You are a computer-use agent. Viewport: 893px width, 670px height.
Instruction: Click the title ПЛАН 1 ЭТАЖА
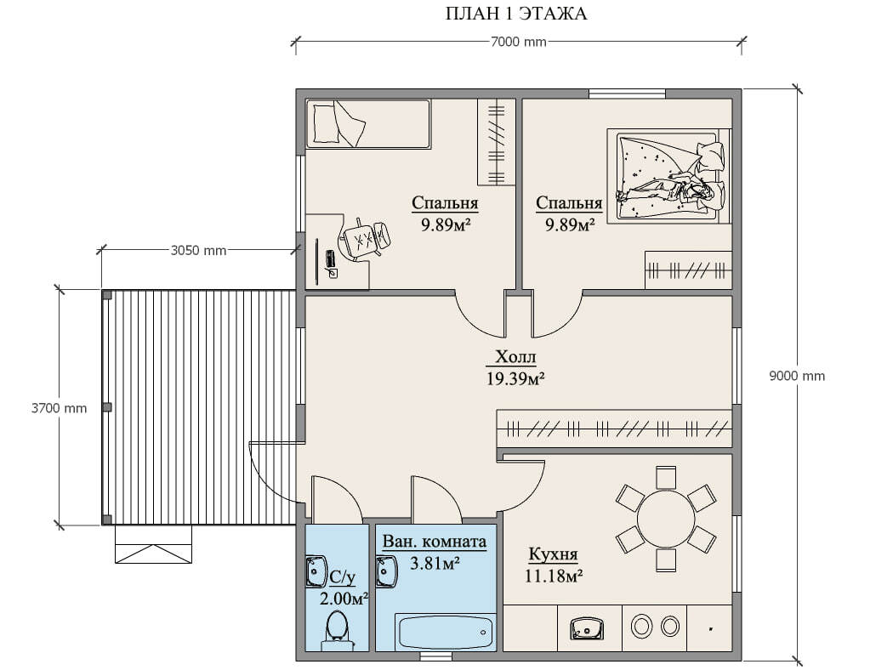[x=515, y=14]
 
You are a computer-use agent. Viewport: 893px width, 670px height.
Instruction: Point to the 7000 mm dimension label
[x=518, y=42]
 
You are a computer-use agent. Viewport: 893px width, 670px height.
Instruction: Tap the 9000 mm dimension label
[x=797, y=376]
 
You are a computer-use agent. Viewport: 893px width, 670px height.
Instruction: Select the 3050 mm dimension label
[x=198, y=250]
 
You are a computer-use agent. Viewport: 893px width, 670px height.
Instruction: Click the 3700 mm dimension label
[x=60, y=408]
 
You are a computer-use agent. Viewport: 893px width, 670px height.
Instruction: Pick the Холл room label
[x=515, y=357]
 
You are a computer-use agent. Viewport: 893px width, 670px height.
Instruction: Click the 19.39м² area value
[x=515, y=378]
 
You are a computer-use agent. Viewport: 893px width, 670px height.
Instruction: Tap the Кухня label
[x=553, y=554]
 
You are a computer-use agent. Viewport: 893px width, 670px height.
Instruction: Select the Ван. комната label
[x=435, y=542]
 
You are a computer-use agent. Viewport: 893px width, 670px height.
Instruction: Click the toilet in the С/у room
[x=337, y=631]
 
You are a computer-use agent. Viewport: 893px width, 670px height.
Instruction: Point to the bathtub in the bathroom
[x=444, y=632]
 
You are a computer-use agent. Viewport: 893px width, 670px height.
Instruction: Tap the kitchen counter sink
[x=588, y=628]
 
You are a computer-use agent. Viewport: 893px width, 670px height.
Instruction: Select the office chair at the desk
[x=365, y=239]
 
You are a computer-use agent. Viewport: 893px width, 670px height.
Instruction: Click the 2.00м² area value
[x=344, y=599]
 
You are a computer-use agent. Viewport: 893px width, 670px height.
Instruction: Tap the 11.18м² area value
[x=553, y=576]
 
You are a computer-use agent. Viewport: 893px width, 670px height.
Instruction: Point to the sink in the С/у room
[x=316, y=571]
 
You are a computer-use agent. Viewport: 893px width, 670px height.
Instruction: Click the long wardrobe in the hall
[x=614, y=428]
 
